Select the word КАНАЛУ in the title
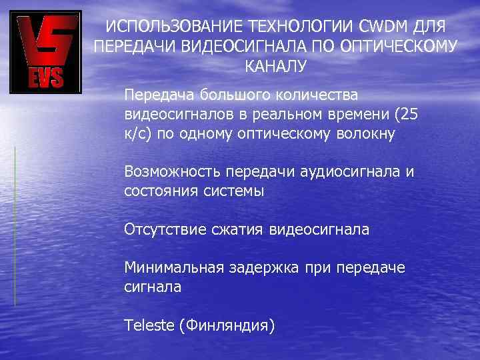pos(275,66)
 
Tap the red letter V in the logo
pos(30,43)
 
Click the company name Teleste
pos(149,325)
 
